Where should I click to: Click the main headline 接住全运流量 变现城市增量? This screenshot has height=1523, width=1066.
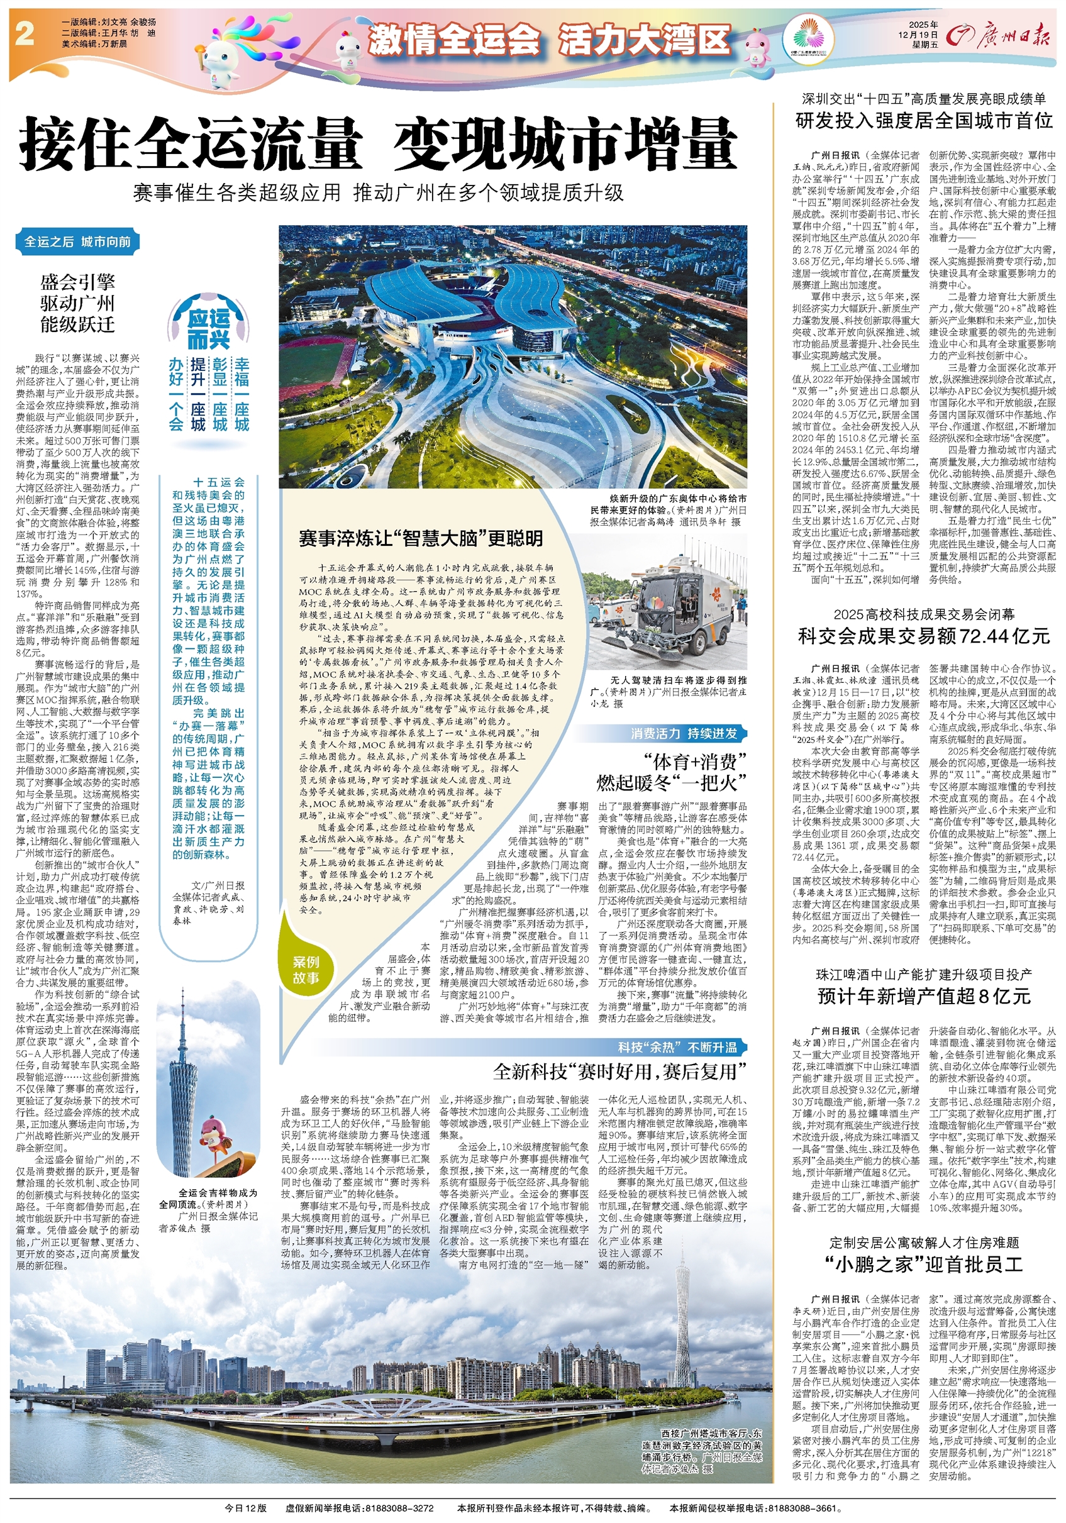pyautogui.click(x=378, y=144)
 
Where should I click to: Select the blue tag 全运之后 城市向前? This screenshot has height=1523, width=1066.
pyautogui.click(x=77, y=241)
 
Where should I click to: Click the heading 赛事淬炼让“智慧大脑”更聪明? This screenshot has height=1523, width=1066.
pyautogui.click(x=421, y=538)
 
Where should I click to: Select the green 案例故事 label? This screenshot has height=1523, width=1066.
pyautogui.click(x=306, y=970)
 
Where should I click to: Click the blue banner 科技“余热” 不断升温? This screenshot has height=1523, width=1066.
pyautogui.click(x=677, y=1048)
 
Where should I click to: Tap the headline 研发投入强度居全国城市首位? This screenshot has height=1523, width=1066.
pyautogui.click(x=924, y=120)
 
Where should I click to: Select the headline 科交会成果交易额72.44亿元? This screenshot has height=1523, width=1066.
pyautogui.click(x=924, y=636)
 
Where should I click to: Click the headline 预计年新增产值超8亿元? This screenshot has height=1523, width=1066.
pyautogui.click(x=924, y=995)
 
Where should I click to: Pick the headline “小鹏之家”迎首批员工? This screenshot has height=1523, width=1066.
pyautogui.click(x=924, y=1265)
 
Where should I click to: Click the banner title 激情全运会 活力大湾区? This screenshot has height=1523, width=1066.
pyautogui.click(x=549, y=40)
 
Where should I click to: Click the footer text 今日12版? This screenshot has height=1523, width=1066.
pyautogui.click(x=245, y=1508)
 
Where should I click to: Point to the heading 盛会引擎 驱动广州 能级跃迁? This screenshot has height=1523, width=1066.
pyautogui.click(x=77, y=304)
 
